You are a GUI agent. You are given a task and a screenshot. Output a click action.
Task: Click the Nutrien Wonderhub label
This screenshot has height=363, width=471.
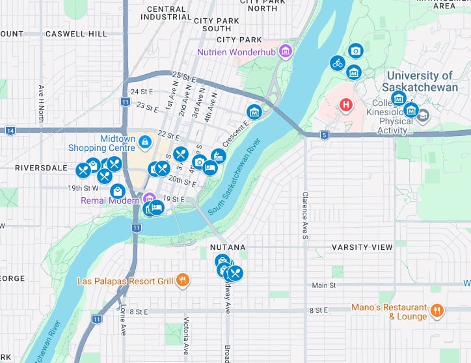[237, 51]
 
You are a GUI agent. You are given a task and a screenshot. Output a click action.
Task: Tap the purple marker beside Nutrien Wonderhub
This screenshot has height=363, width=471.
[285, 50]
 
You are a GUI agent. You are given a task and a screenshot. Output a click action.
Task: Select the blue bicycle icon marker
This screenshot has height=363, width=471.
[337, 63]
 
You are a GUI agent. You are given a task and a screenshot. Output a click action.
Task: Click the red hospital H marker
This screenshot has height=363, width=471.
[346, 104]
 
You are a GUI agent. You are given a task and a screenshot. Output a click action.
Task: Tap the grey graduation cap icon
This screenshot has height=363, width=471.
[424, 115]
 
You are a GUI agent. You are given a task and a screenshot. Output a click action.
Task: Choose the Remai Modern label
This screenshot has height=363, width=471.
[110, 200]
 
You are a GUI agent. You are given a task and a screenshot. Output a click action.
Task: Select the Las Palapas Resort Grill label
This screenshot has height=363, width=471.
[125, 281]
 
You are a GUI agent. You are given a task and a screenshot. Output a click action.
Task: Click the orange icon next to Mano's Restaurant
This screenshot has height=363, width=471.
[437, 310]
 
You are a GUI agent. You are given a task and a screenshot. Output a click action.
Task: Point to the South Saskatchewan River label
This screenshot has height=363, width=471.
[235, 178]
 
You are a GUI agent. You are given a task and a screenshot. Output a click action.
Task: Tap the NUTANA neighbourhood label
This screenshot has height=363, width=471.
[228, 247]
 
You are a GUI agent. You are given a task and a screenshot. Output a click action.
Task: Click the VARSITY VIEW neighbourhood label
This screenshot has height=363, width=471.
[362, 247]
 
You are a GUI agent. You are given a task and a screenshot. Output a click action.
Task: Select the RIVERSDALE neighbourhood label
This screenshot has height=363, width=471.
[41, 167]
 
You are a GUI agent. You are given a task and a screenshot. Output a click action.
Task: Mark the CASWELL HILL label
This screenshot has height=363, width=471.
[76, 33]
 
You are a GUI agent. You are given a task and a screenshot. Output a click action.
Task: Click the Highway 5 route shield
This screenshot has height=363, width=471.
[324, 135]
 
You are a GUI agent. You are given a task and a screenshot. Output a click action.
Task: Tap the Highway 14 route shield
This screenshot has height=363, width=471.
[10, 130]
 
